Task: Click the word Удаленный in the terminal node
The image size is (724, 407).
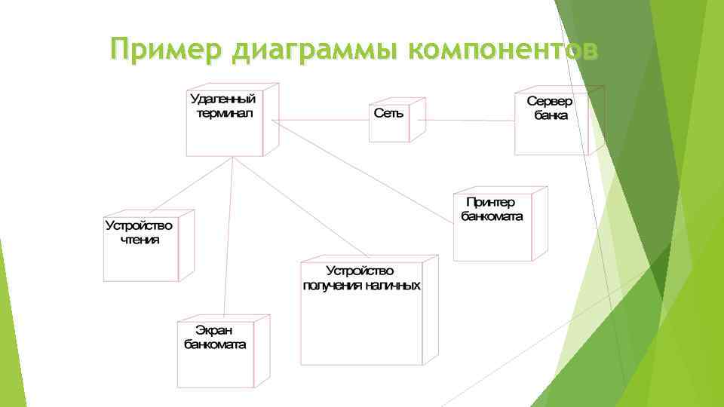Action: coord(223,99)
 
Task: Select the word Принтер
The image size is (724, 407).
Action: coord(491,202)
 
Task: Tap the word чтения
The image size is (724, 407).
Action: coord(140,239)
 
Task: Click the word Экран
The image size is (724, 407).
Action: coord(214,331)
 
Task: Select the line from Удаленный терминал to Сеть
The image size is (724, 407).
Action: coord(321,121)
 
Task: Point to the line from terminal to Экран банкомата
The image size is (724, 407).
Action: coord(229,241)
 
